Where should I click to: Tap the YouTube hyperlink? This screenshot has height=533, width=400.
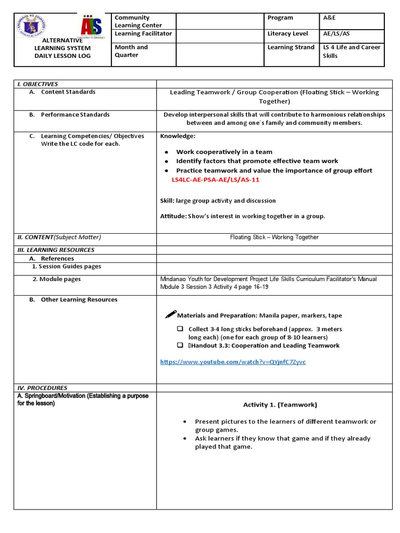(233, 362)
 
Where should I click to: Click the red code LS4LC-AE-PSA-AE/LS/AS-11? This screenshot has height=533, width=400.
(216, 180)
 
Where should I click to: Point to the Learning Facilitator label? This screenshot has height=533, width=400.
(143, 34)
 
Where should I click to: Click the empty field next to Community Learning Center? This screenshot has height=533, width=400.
(220, 21)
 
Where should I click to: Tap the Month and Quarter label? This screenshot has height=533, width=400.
(131, 51)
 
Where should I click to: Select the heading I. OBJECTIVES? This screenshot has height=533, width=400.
(37, 84)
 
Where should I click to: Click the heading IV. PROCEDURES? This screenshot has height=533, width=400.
(42, 388)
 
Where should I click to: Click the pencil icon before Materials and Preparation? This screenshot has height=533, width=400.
(170, 314)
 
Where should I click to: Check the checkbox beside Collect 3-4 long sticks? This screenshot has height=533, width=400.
(180, 329)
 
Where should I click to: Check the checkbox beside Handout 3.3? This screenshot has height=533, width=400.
(180, 345)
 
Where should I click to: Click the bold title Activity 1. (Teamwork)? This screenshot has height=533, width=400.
(280, 404)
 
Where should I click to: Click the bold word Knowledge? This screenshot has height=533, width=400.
(178, 136)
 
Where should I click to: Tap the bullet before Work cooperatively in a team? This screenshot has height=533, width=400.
(166, 152)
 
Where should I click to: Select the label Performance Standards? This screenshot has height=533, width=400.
(75, 115)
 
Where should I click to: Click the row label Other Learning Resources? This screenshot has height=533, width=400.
(79, 300)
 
